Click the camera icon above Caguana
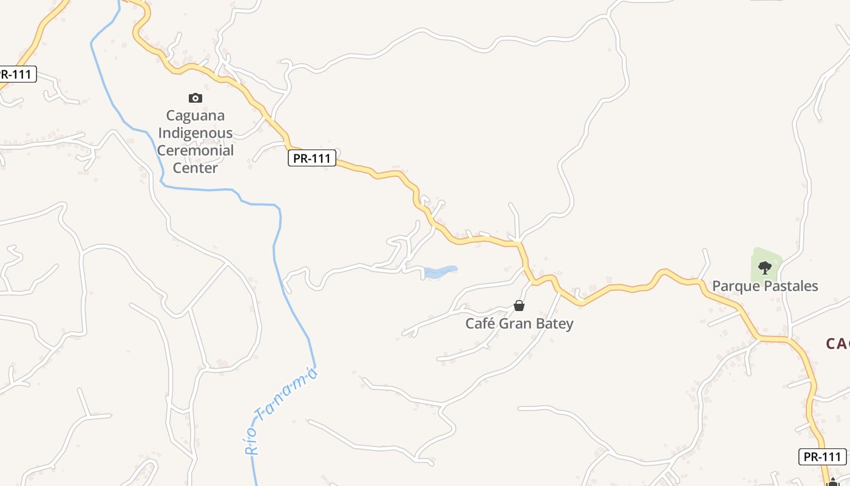pos(195,98)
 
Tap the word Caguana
pos(195,115)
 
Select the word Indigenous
pos(195,133)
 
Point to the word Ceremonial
pos(195,151)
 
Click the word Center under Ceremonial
pos(195,168)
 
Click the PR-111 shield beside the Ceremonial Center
pos(311,159)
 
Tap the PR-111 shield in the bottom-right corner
pos(822,457)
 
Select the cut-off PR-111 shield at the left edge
pos(17,74)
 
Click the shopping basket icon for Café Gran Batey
pos(519,306)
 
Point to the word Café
pos(480,324)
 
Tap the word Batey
pos(555,324)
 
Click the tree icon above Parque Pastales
pos(764,267)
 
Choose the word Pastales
pos(790,286)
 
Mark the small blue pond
pos(440,272)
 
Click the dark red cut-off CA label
pos(838,344)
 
